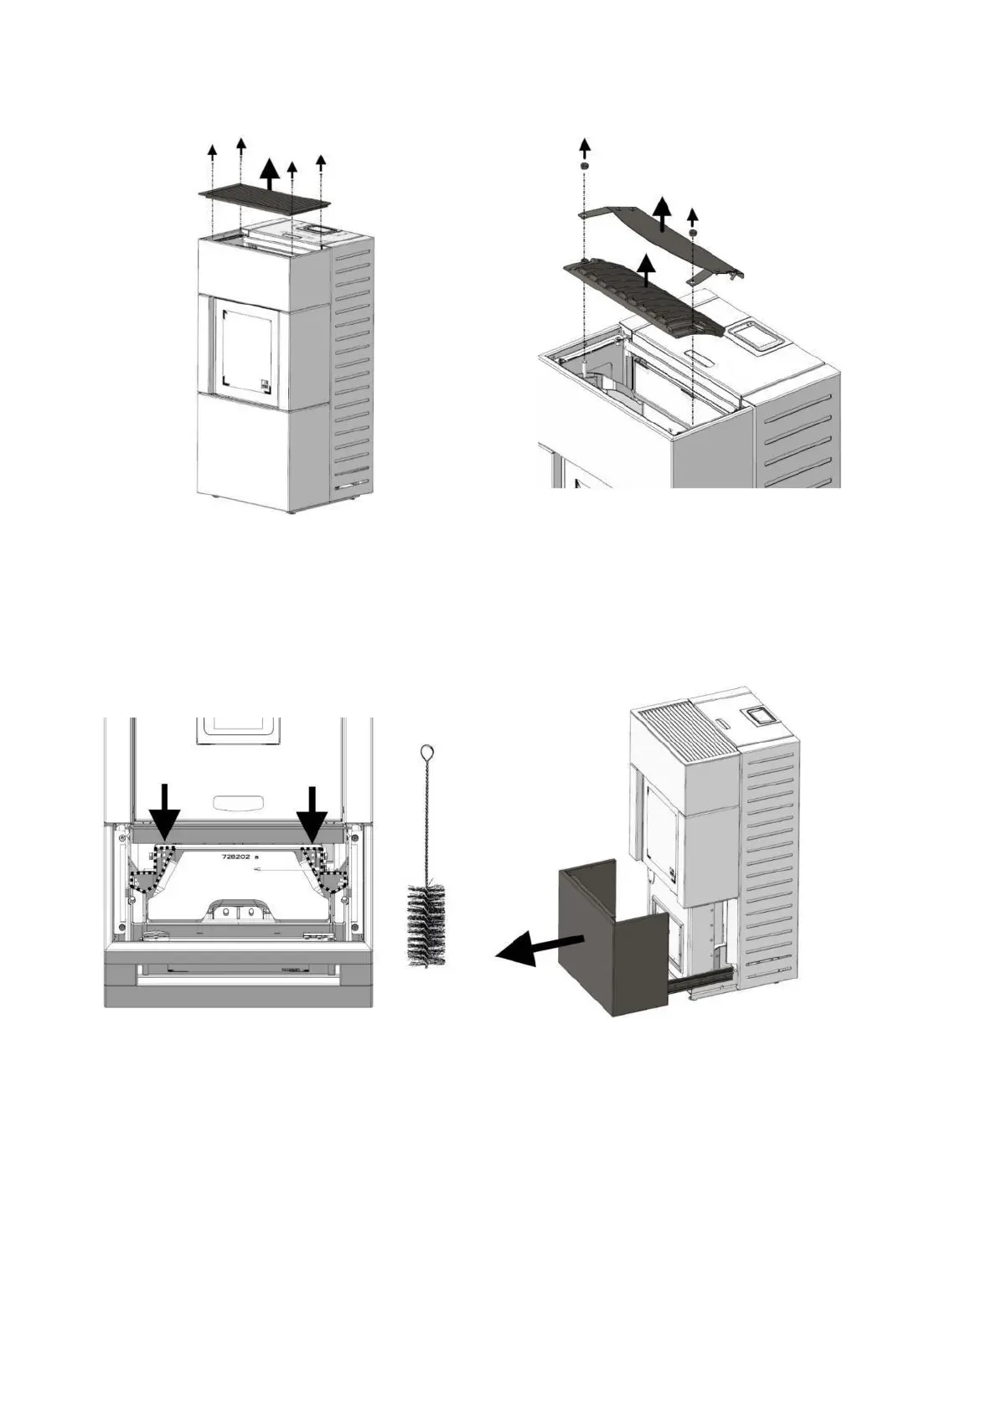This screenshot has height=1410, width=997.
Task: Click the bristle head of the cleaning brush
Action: [426, 924]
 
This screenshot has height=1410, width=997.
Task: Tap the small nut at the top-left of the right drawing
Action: [584, 167]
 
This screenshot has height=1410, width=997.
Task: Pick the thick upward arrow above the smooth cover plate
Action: [663, 214]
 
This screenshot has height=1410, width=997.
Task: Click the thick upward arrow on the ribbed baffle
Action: [645, 270]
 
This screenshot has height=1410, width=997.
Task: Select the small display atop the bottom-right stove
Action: [759, 716]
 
